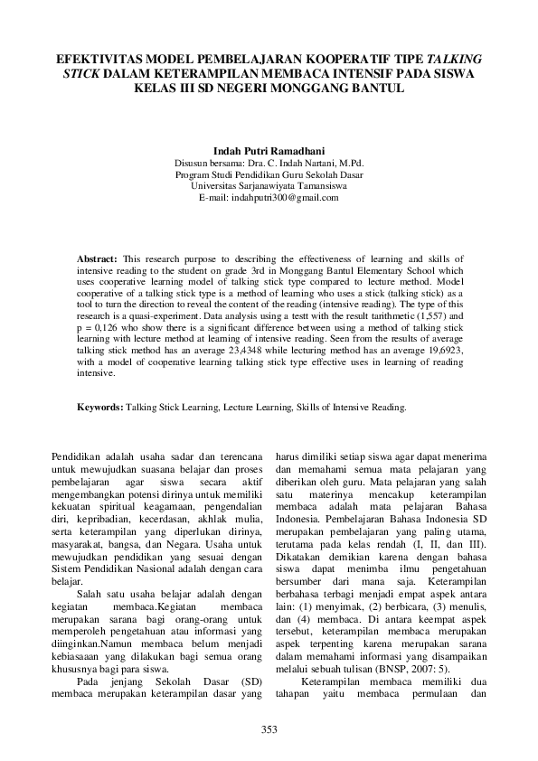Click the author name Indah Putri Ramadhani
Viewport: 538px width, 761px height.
point(269,151)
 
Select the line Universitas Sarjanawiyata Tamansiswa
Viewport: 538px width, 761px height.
point(269,185)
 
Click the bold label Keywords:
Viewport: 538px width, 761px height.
point(99,408)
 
